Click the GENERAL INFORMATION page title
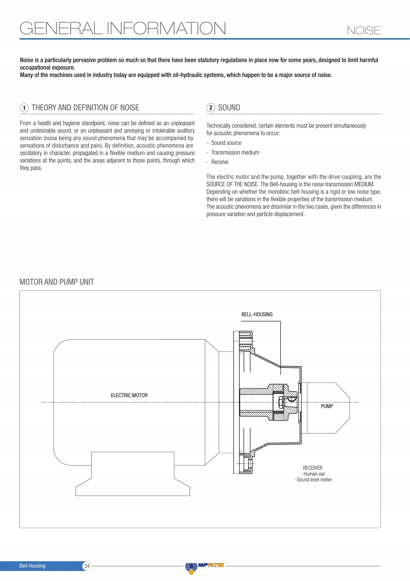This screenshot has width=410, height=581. pos(123,28)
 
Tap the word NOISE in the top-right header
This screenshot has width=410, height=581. pos(363,31)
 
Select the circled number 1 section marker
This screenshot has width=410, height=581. pos(24,108)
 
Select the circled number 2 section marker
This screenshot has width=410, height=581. pos(211,108)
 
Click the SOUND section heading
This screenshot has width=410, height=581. pos(229,108)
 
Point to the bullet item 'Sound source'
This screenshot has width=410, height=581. pos(226,143)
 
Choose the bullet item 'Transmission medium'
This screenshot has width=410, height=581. pos(235,153)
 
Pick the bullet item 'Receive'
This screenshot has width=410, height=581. pos(220,162)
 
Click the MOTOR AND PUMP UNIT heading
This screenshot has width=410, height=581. pos(57,282)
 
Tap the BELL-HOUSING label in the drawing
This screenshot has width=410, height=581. pos(257,314)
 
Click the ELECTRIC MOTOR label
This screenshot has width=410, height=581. pos(129,395)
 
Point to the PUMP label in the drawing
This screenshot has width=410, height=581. pos(327,406)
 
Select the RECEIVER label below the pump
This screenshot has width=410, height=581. pos(313,468)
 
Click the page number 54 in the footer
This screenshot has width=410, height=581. pos(87,566)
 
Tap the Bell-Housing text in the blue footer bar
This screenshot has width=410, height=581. pos(32,566)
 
